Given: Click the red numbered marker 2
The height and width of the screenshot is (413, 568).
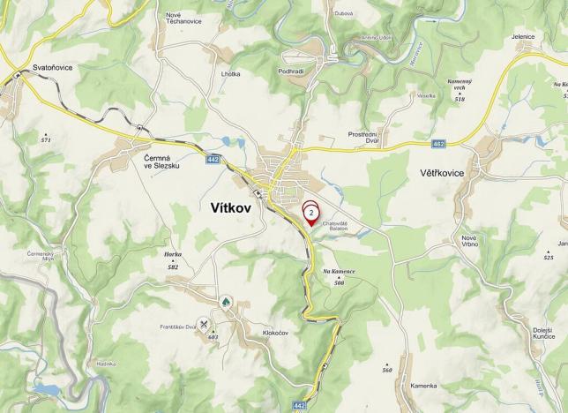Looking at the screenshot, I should click(x=311, y=213).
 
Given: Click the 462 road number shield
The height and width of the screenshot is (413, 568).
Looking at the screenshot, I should click(x=438, y=142).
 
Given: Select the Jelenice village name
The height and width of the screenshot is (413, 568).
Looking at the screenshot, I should click(x=523, y=36).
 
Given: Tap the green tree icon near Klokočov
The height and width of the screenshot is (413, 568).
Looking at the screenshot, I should click(x=225, y=302).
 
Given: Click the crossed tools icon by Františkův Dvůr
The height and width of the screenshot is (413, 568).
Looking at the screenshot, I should click(x=205, y=324).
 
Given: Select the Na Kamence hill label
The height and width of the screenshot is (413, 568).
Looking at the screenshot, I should click(x=339, y=273).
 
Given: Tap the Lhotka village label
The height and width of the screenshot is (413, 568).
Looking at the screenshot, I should click(x=231, y=74).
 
